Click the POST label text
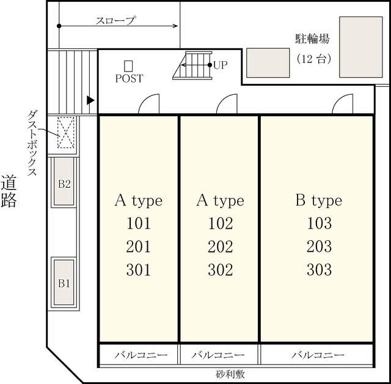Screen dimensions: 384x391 click(x=129, y=79)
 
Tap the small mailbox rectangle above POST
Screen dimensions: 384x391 click(x=128, y=65)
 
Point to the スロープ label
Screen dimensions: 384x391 click(x=115, y=20)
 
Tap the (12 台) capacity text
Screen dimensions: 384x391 click(x=313, y=59)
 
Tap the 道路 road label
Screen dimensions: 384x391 click(x=9, y=191)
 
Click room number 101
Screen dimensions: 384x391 click(x=138, y=223)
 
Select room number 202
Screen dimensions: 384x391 click(x=220, y=246)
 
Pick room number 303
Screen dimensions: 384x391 click(x=319, y=269)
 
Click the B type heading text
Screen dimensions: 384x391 click(x=318, y=200)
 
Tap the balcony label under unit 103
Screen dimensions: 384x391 click(x=317, y=355)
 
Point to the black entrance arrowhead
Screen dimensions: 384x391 click(x=91, y=100)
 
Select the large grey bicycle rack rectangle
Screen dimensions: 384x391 click(x=360, y=47)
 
